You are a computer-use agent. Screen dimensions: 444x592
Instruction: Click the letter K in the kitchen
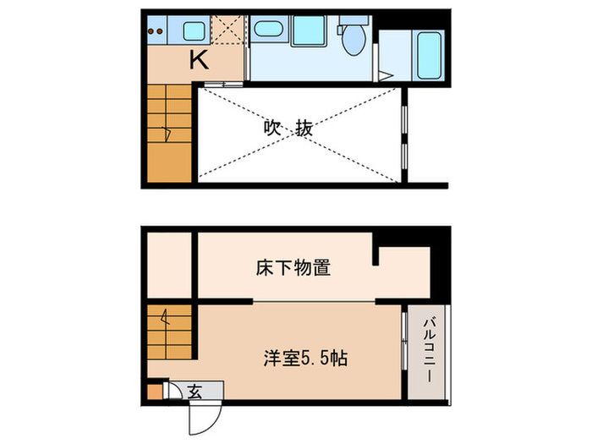[198, 60]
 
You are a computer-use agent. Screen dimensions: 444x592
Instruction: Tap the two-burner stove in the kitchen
[155, 33]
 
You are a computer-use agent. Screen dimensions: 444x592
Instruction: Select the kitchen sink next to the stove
[194, 33]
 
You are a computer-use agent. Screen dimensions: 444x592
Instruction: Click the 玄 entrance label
[195, 391]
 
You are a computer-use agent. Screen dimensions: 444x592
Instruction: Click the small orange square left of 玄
[153, 391]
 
